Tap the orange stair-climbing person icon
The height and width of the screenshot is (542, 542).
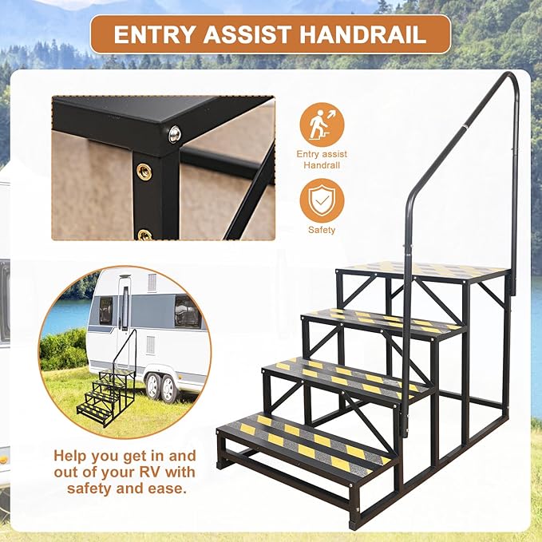(321, 124)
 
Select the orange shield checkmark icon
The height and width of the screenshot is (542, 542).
(321, 200)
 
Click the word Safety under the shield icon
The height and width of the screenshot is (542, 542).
(321, 230)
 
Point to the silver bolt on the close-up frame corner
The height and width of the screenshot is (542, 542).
(175, 133)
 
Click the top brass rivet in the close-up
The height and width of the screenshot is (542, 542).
(144, 170)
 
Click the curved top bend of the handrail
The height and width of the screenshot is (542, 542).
(508, 80)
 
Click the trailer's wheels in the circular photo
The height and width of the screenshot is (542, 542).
(159, 386)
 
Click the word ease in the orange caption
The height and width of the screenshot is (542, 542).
(168, 488)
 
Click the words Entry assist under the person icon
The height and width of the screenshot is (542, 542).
(321, 154)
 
